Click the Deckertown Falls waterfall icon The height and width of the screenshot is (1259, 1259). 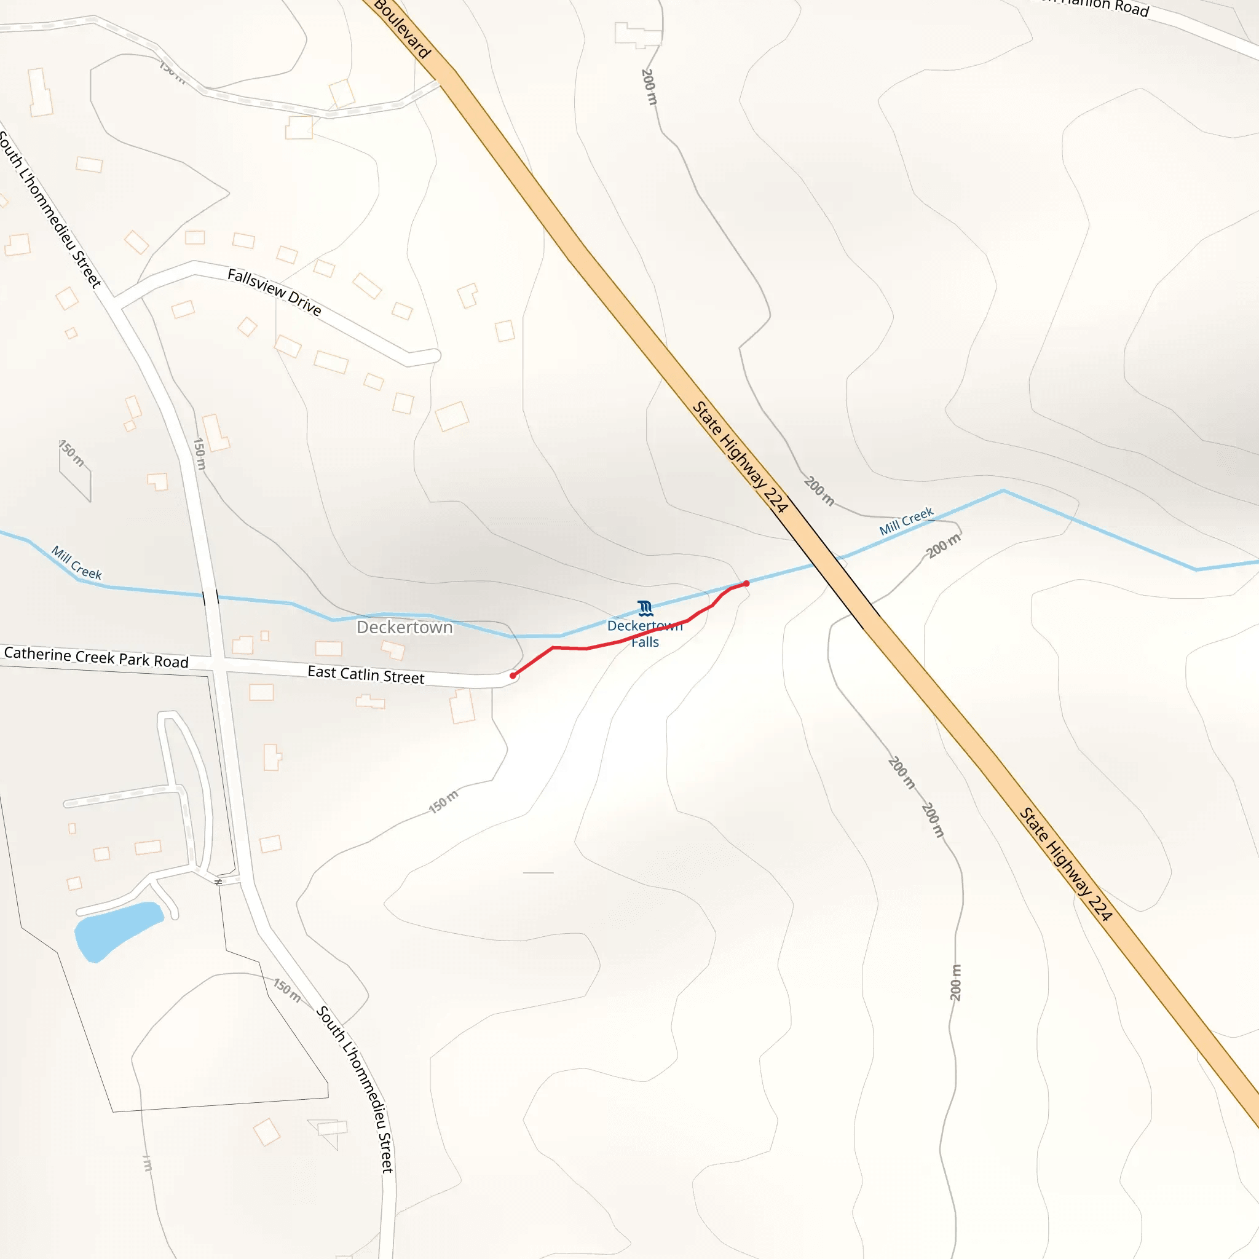pos(645,609)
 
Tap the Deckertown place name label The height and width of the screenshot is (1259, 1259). pos(404,628)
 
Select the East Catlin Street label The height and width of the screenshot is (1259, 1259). pos(366,674)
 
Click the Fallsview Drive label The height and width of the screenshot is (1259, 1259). pos(274,292)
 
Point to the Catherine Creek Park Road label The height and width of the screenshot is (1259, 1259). pos(97,657)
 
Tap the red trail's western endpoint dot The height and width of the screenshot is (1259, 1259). pos(513,676)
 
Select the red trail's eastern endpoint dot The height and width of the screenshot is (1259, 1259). pos(746,584)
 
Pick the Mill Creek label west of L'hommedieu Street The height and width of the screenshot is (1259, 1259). pos(77,563)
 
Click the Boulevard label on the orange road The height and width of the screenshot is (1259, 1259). pos(402,30)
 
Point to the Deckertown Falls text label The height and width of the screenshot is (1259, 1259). pos(644,634)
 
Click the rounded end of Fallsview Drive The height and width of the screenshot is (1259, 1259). pos(434,356)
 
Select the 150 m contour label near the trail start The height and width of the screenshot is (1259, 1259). pos(443,802)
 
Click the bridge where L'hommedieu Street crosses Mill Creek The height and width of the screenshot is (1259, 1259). pos(210,597)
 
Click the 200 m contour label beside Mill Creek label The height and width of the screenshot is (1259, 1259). pos(944,545)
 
